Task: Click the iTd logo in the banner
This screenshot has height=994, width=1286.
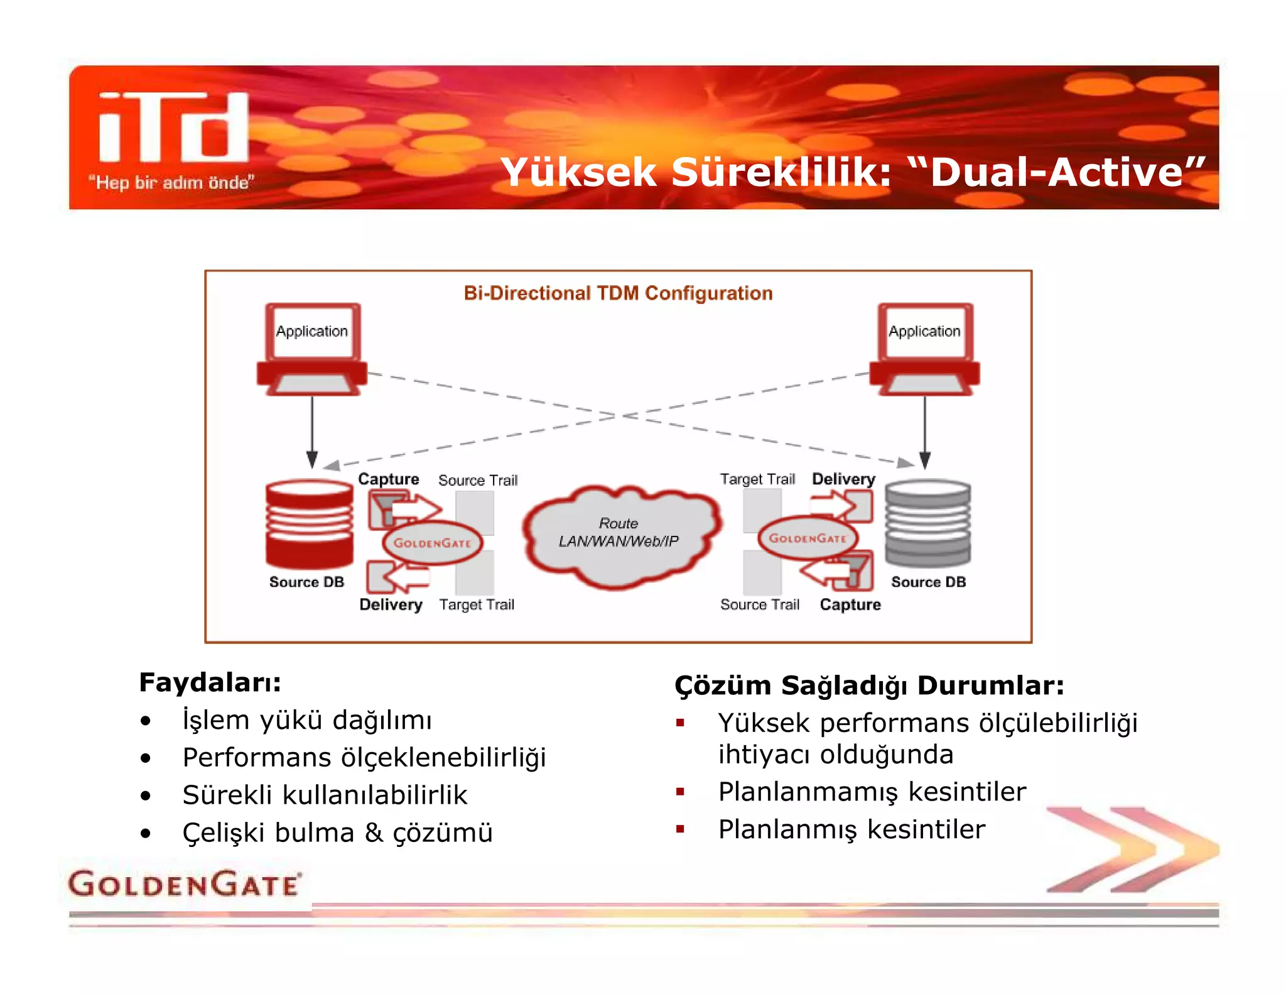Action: (x=174, y=128)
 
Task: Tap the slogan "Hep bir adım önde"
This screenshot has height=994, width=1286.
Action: (x=171, y=183)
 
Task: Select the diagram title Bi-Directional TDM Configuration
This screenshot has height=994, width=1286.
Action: (x=618, y=293)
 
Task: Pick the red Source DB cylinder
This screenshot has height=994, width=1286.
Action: (x=309, y=523)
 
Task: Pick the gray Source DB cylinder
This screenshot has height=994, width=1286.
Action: (x=927, y=523)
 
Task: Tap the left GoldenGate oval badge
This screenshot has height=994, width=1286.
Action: (x=432, y=543)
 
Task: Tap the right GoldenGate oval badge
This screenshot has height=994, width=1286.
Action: (x=808, y=538)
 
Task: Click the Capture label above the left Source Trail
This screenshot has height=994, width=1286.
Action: (x=388, y=479)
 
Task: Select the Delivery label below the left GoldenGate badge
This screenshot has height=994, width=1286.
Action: (x=391, y=604)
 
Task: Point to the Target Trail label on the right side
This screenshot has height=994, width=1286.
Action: (x=757, y=479)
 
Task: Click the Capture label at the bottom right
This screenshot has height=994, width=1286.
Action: (x=850, y=604)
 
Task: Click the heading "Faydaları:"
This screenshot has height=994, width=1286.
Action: (x=210, y=682)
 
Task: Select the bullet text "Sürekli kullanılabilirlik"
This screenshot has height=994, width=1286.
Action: (x=325, y=795)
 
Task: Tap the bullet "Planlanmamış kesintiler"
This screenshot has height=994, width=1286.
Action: (x=872, y=792)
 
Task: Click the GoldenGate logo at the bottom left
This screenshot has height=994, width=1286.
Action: (x=184, y=884)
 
